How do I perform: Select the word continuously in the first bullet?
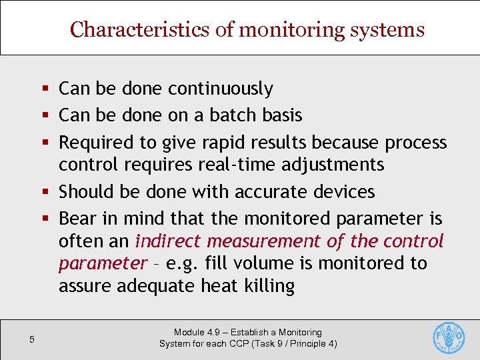pos(221,89)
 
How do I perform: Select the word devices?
pos(345,192)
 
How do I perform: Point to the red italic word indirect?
pos(166,241)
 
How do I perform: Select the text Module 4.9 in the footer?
pos(197,332)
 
